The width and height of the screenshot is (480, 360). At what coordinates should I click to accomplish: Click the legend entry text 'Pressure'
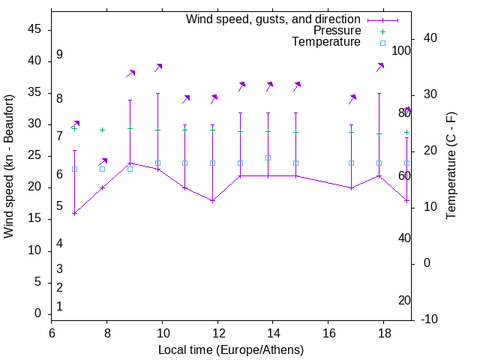(337, 31)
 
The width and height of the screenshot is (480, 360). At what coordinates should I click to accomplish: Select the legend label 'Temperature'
(326, 42)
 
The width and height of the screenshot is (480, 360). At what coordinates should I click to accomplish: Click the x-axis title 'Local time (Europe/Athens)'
(232, 349)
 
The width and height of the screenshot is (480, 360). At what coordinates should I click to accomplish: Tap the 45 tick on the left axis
(36, 30)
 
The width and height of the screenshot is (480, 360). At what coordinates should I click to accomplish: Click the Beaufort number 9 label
(59, 55)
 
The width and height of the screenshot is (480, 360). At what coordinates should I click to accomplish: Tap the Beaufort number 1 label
(59, 306)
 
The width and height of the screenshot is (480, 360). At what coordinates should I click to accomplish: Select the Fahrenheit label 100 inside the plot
(401, 50)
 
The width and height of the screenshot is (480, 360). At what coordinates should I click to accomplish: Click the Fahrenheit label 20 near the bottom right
(404, 300)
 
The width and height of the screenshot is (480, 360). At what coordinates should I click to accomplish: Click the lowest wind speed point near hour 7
(74, 214)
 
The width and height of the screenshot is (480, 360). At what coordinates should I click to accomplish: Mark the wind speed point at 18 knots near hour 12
(213, 201)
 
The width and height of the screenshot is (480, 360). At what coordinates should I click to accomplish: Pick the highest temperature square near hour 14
(268, 157)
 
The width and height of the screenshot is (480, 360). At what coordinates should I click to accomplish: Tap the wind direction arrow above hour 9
(130, 73)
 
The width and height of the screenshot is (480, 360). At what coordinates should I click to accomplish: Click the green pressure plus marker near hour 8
(103, 130)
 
